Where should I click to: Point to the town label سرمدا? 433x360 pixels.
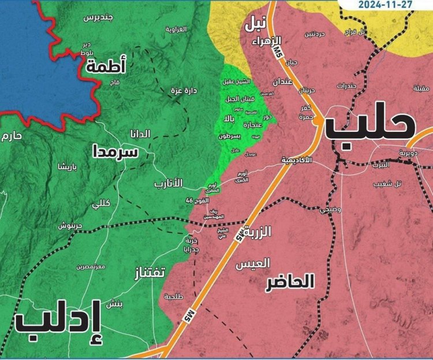tap(115, 152)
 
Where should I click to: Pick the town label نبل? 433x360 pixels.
tap(256, 25)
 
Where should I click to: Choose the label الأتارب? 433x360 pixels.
tap(168, 183)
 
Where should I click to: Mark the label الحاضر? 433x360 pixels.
tap(290, 282)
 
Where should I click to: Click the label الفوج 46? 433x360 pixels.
tap(197, 200)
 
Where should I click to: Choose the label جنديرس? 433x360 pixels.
tap(97, 17)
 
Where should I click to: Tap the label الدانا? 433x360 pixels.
tap(140, 134)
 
